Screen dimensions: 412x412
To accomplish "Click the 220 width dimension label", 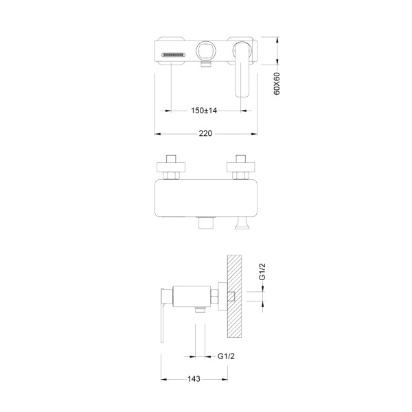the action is [x=205, y=133].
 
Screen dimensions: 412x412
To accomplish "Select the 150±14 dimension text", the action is [x=204, y=111].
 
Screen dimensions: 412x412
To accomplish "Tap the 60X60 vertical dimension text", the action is [x=277, y=84].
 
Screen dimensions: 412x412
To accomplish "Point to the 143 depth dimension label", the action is [x=194, y=379].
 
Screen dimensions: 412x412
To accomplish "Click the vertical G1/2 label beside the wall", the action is [x=262, y=272].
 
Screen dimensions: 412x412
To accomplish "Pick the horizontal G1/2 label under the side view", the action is [x=226, y=356].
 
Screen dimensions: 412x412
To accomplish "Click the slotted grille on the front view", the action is [x=174, y=55].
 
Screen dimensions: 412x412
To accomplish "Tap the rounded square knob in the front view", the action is [x=206, y=51].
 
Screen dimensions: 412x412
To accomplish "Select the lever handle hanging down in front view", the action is [x=242, y=69].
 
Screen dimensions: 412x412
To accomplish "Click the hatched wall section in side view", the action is [x=234, y=296].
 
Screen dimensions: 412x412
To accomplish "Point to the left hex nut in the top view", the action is [x=171, y=176].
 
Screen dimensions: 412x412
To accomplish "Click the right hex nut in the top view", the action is [x=241, y=176].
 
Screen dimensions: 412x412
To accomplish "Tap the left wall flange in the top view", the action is [x=171, y=167].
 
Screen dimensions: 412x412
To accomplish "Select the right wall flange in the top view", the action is [x=241, y=167].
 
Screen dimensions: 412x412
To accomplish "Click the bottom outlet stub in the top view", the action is [x=206, y=222].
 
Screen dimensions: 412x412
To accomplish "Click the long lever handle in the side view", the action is [x=163, y=315].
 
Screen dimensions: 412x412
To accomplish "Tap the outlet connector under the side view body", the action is [x=201, y=310].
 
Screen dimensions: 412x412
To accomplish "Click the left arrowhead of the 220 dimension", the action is [x=158, y=134].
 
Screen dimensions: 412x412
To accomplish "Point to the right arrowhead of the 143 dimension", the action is [x=225, y=379].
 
